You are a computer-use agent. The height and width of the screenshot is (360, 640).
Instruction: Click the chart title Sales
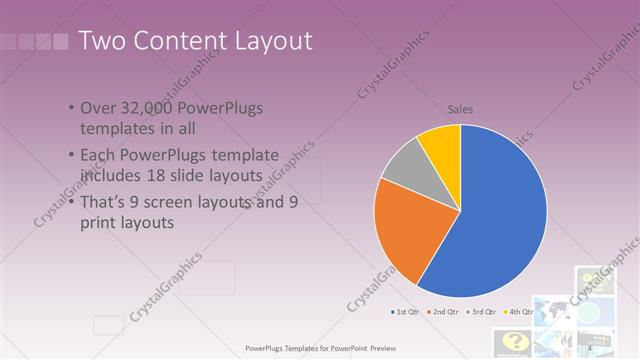point(460,109)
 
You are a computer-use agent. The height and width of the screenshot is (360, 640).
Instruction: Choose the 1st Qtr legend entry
point(405,312)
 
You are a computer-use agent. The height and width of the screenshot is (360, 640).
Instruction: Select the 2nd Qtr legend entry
point(444,312)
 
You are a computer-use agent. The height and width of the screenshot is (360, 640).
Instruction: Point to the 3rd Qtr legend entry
point(483,312)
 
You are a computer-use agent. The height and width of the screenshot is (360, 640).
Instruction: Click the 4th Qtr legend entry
point(520,312)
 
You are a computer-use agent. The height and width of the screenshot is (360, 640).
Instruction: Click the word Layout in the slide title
point(265,41)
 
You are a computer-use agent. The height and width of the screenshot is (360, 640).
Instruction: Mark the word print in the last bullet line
point(98,223)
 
